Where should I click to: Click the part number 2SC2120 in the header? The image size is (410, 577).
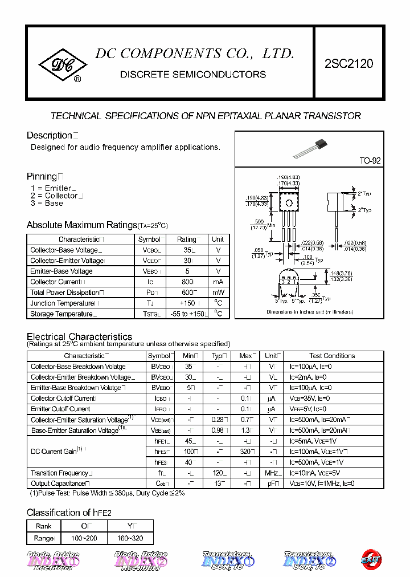[x=348, y=64]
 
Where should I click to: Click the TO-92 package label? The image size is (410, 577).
[x=370, y=161]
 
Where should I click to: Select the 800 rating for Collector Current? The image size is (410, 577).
[x=186, y=282]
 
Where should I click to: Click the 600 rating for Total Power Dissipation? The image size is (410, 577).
[x=186, y=292]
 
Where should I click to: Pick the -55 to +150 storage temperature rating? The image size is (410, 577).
[x=186, y=314]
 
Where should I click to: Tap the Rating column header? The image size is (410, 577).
[x=186, y=239]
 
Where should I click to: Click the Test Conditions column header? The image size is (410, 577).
[x=332, y=356]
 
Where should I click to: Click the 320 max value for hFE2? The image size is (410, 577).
[x=246, y=452]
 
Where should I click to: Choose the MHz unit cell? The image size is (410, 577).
[x=272, y=473]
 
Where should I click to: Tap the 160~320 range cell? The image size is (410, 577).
[x=129, y=538]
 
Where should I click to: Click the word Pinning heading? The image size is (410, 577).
[x=42, y=177]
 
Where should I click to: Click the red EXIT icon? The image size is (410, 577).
[x=372, y=559]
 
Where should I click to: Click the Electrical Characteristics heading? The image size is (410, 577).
[x=79, y=336]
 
